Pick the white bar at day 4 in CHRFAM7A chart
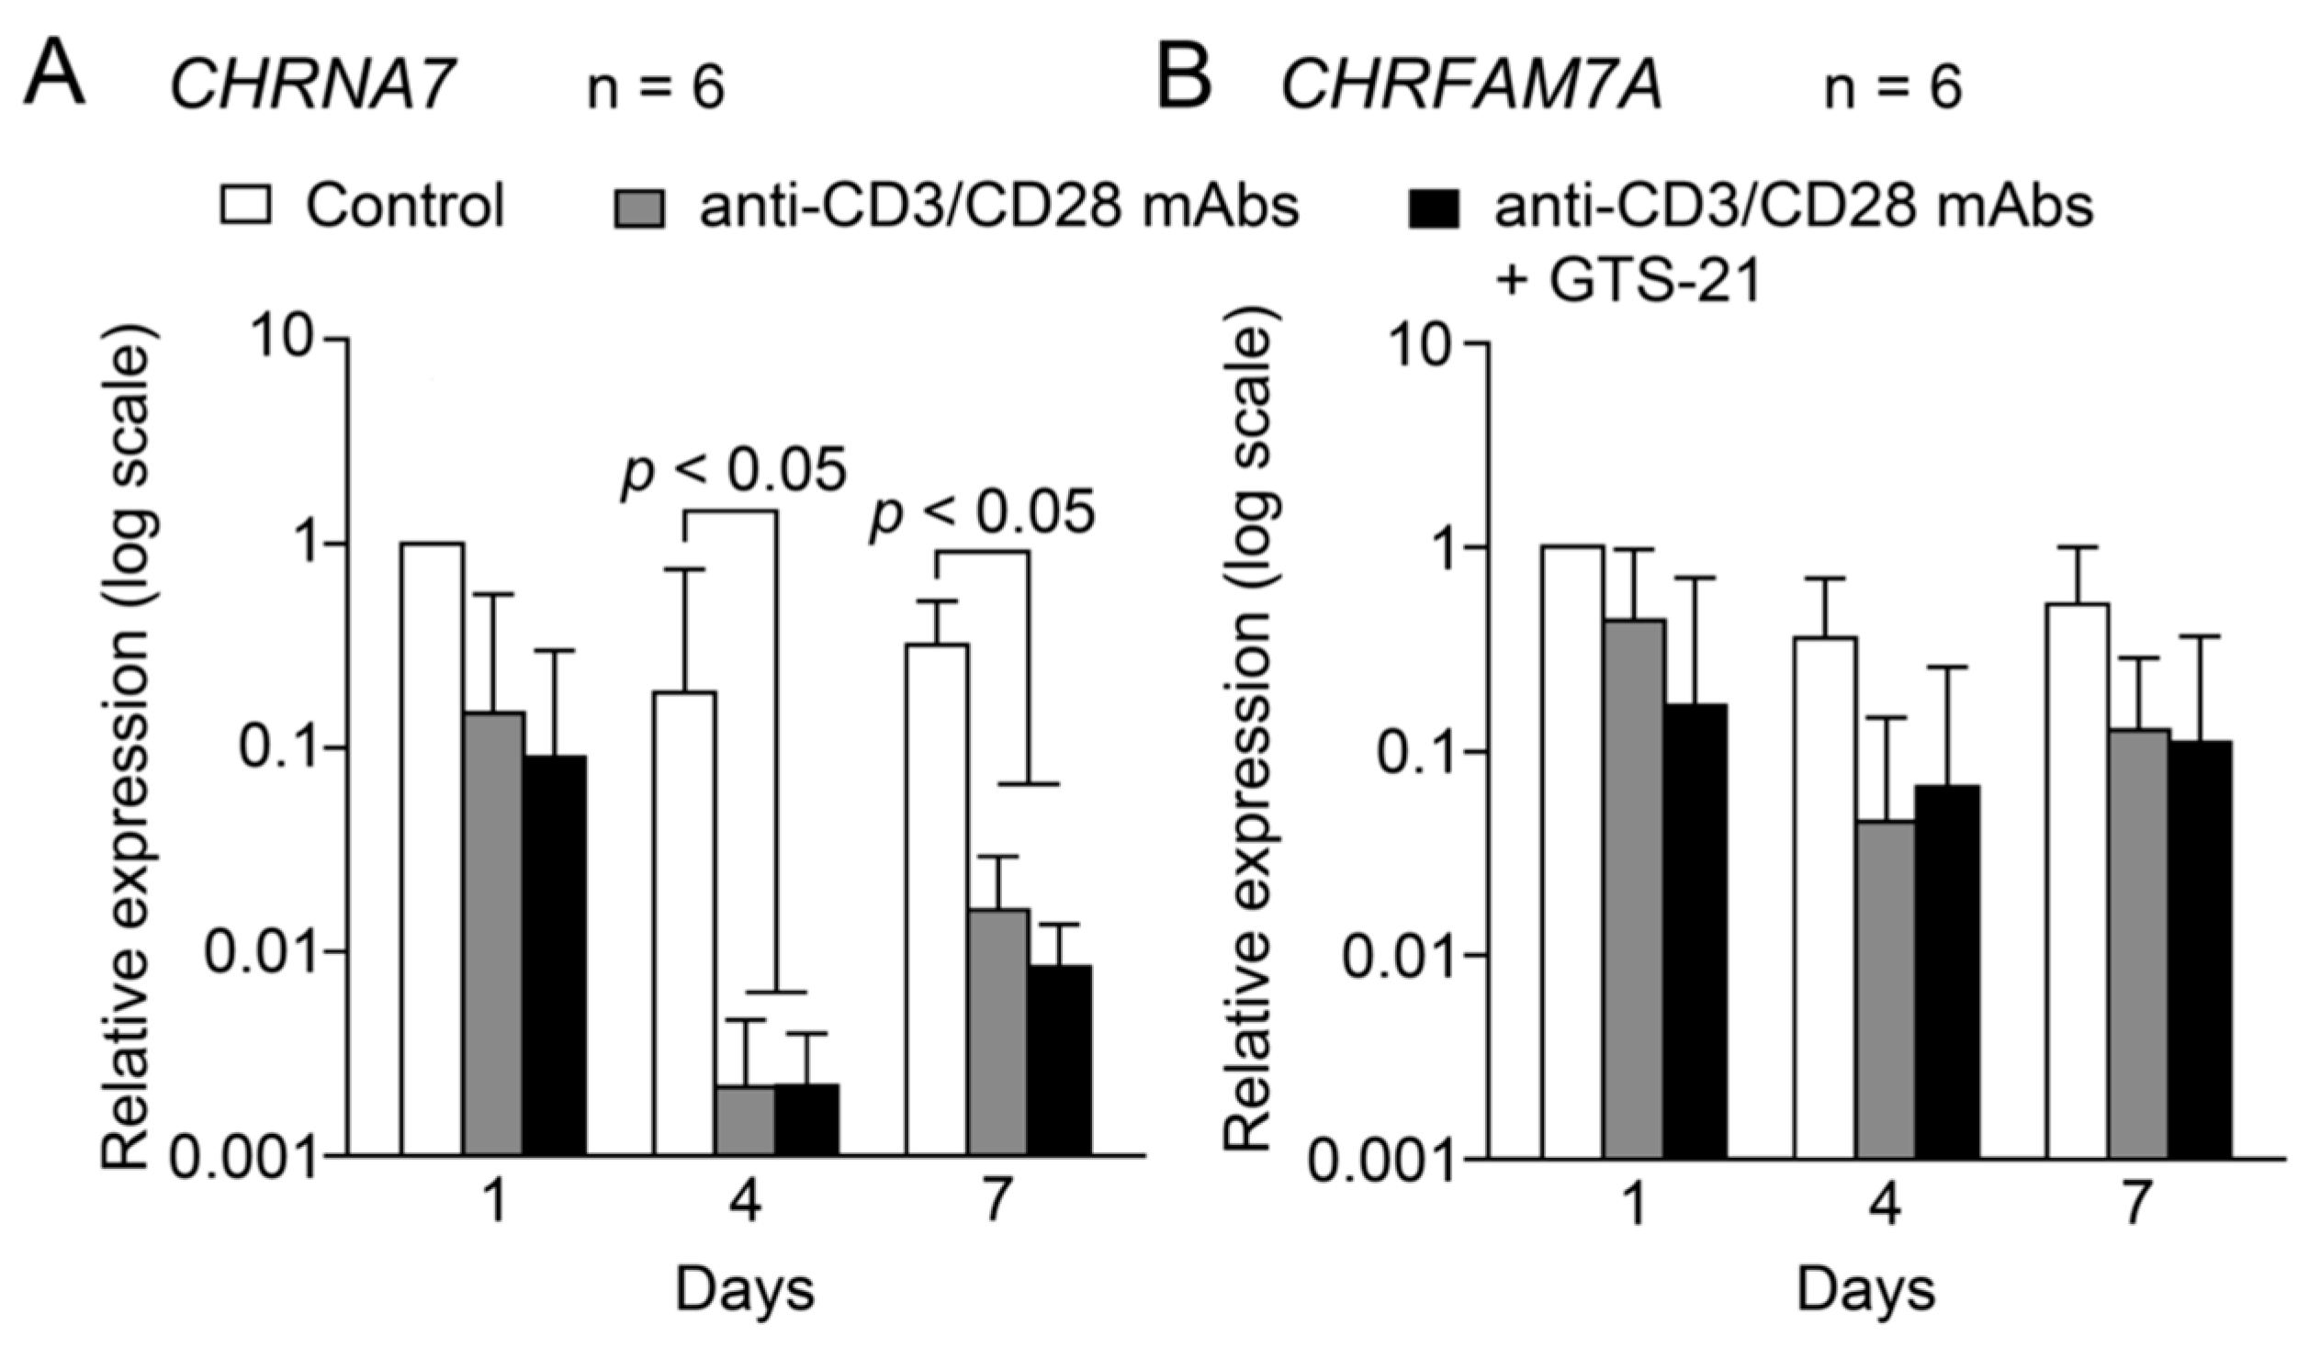pyautogui.click(x=1824, y=894)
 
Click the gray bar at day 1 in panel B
pyautogui.click(x=1634, y=887)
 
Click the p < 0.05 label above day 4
pyautogui.click(x=733, y=473)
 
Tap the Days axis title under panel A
pyautogui.click(x=745, y=1290)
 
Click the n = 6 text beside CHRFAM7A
pyautogui.click(x=1892, y=89)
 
